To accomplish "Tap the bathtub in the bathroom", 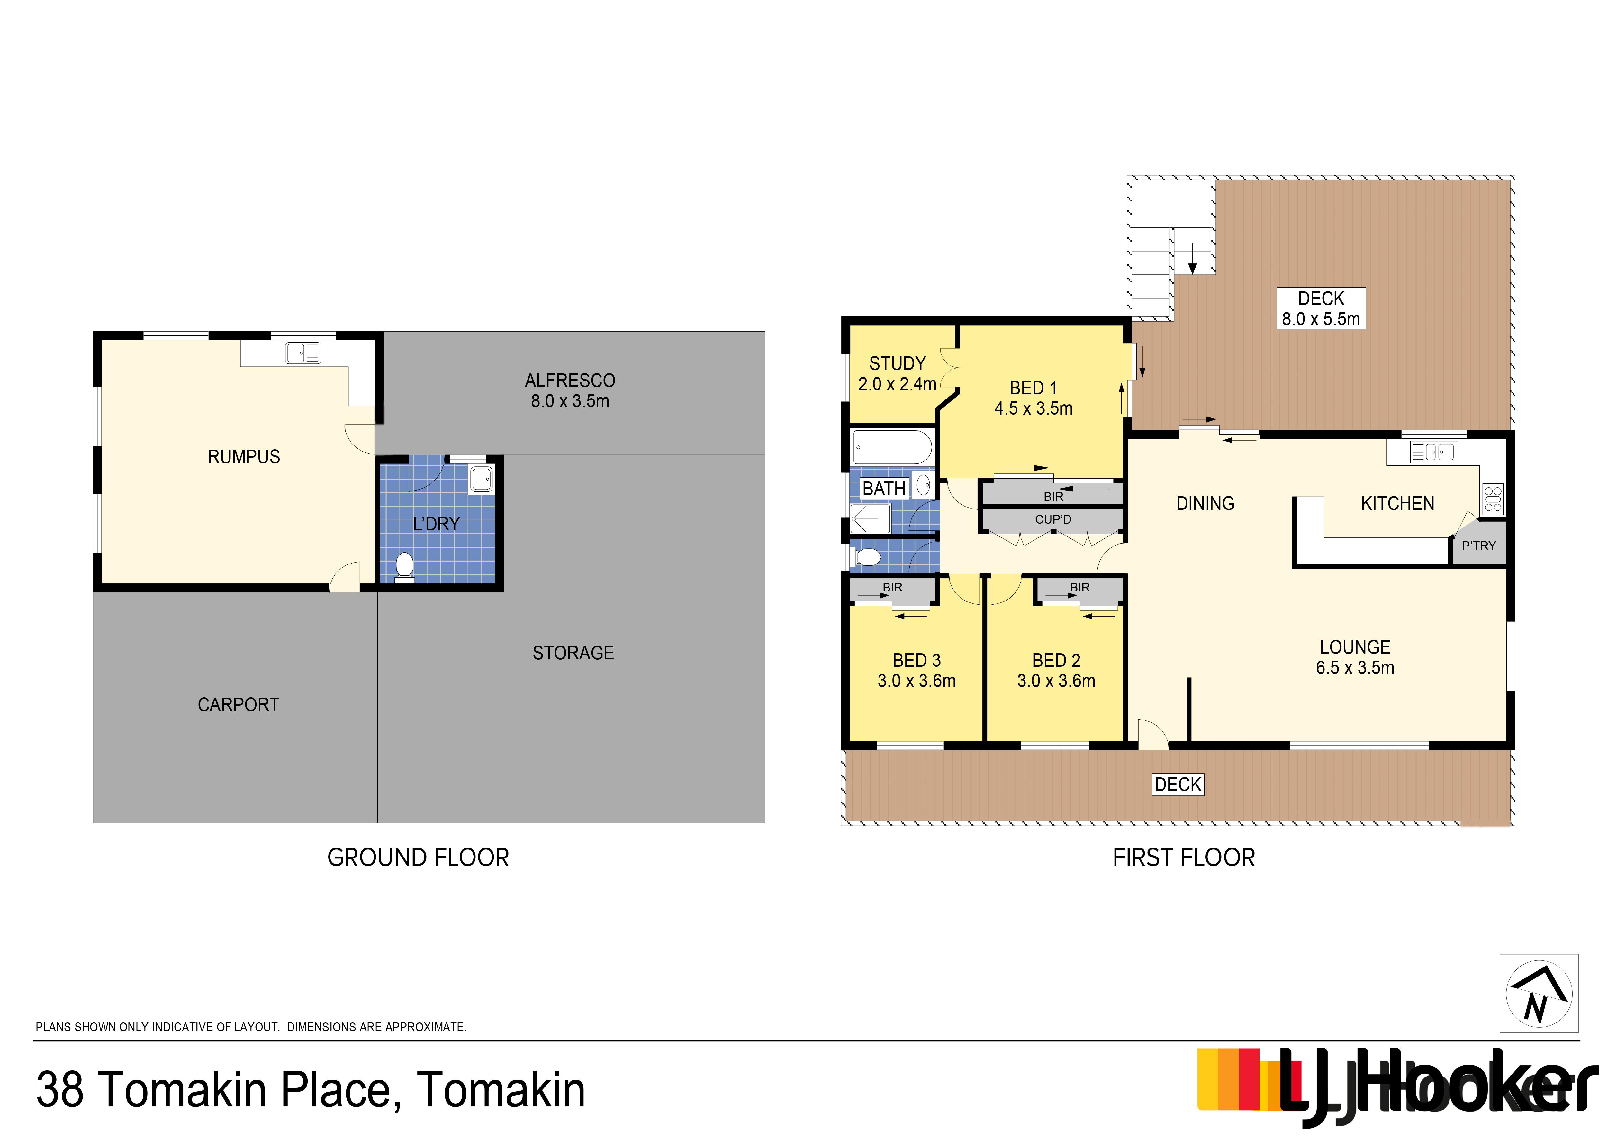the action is tap(892, 447).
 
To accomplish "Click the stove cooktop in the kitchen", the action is tap(1493, 499).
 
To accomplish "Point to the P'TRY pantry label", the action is tap(1478, 546).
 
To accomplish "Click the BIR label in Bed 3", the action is tap(892, 587).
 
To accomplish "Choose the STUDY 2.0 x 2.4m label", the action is tap(897, 373).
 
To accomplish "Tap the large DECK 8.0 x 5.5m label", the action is tap(1321, 309).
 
